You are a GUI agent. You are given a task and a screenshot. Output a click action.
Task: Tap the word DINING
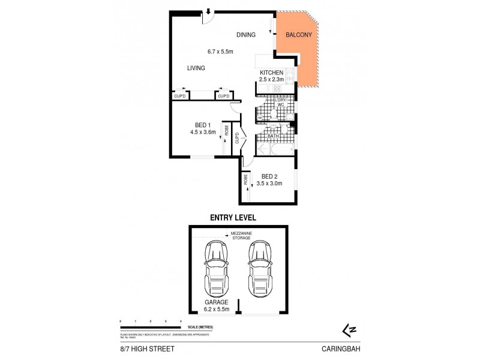point(247,35)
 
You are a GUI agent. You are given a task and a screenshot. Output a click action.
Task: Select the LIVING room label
point(196,68)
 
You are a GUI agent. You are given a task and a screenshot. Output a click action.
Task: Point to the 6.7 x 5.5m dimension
point(220,52)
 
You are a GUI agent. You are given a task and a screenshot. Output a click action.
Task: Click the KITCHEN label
point(271,73)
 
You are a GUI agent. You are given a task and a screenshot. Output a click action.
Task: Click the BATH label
point(273,136)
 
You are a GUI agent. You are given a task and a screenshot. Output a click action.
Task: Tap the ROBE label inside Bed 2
point(247,179)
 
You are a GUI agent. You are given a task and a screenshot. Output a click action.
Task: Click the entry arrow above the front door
point(208,10)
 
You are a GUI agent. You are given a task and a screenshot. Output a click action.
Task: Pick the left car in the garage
point(215,268)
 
